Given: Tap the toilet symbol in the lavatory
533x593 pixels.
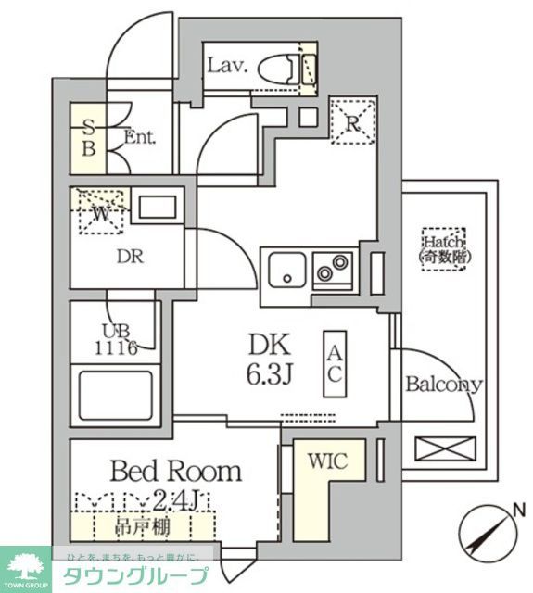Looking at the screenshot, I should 278,67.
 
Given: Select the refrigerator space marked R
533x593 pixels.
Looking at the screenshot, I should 353,121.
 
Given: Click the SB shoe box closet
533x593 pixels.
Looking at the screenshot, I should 89,137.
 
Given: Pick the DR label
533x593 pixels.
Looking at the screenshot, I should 130,257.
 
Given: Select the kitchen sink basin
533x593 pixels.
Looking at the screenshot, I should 286,270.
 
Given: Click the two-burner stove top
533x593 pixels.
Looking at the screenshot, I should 333,269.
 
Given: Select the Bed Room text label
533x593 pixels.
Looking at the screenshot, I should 175,471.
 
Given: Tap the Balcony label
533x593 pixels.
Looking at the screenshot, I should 443,385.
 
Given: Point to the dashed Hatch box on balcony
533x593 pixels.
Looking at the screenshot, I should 443,247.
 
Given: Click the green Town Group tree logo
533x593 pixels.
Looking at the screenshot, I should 29,566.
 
